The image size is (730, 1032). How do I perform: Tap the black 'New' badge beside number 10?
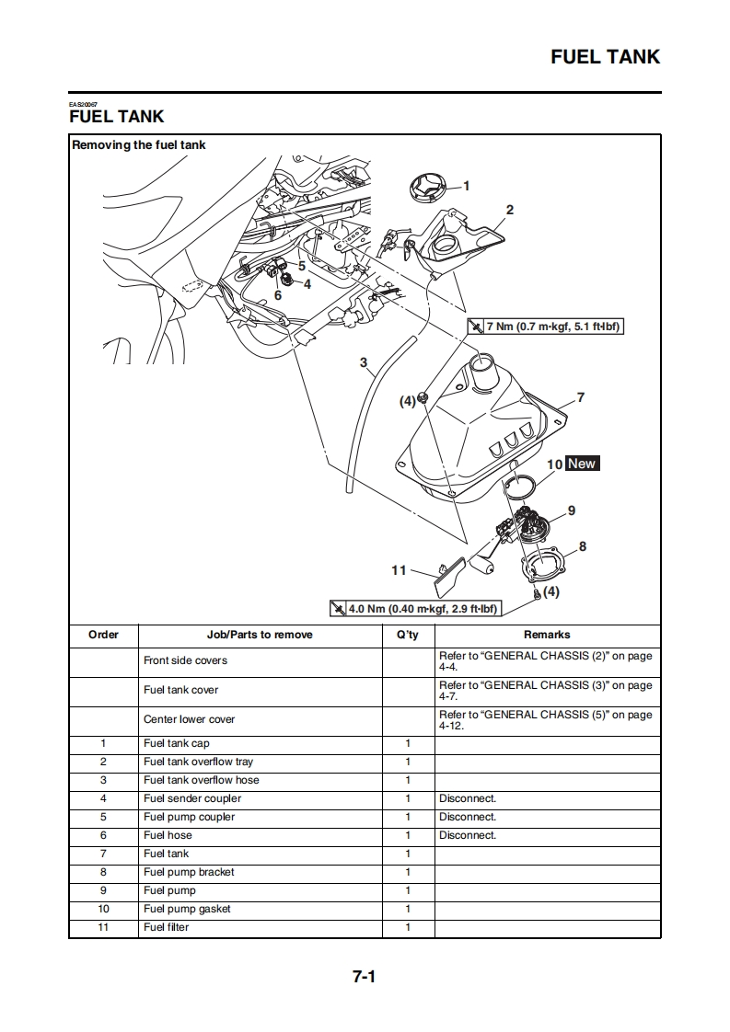[582, 464]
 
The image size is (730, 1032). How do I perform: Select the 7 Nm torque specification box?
[547, 327]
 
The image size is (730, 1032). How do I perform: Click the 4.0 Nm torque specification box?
[415, 609]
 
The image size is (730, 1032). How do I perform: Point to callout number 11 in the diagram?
[399, 570]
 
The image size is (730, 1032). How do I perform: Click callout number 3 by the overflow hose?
[364, 362]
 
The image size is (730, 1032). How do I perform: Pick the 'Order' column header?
[103, 635]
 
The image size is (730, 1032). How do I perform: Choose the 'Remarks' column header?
[547, 635]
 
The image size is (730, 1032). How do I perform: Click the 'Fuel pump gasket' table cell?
[187, 909]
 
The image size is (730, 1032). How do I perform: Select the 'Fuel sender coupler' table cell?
[192, 798]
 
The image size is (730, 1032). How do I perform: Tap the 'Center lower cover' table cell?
[189, 719]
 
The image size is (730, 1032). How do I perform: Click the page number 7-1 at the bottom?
[364, 977]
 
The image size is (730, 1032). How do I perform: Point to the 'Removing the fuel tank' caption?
[139, 144]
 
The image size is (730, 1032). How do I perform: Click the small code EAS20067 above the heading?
[83, 104]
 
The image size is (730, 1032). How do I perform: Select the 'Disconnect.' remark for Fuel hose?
[468, 835]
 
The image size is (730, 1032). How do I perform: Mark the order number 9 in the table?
[103, 890]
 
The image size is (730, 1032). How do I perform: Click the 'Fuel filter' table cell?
[166, 927]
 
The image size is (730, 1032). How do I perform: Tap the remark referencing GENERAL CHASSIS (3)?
[545, 690]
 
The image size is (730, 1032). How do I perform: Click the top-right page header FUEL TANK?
[605, 57]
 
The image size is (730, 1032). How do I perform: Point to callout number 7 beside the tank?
[580, 398]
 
